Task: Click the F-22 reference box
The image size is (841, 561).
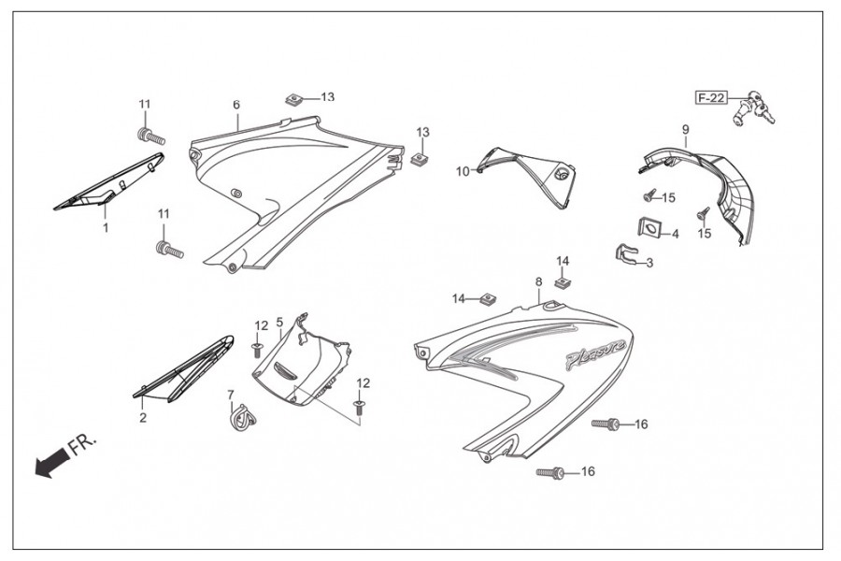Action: pos(710,98)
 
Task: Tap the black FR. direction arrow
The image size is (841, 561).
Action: pos(52,460)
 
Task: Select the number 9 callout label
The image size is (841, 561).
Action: pos(685,129)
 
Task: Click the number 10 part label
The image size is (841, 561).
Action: pos(463,171)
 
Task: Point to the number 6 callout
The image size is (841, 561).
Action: pos(236,105)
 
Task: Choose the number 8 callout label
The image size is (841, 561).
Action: pos(539,281)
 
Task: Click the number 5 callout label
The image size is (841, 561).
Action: pos(279,322)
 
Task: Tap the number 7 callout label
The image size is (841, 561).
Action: pos(231,395)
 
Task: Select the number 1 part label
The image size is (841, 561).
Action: pos(106,227)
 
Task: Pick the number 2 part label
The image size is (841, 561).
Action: pos(143,417)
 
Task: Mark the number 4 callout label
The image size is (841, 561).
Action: pos(675,235)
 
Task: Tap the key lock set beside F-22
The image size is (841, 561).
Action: pos(757,108)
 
